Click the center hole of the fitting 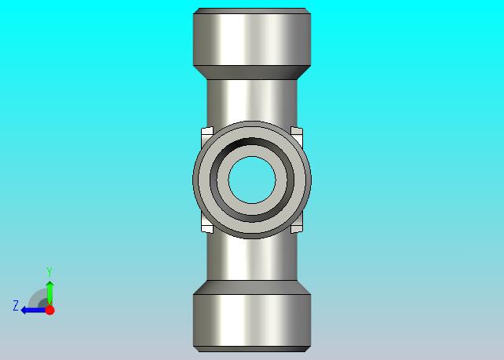252,180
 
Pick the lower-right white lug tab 298,224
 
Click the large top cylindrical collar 252,37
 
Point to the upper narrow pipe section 252,100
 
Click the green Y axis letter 49,271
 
